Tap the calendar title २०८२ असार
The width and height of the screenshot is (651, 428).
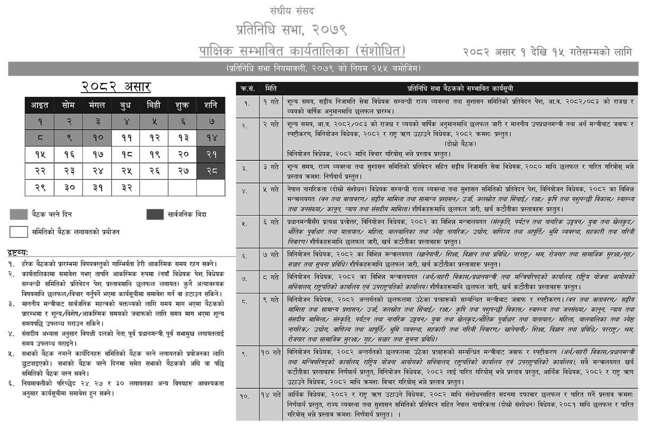point(116,87)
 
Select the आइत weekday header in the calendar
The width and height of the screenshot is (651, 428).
point(40,105)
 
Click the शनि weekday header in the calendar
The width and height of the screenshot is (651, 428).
point(211,105)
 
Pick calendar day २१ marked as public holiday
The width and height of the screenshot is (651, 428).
point(211,154)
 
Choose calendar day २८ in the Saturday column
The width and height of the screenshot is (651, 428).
point(211,171)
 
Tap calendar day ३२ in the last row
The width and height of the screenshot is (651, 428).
point(125,188)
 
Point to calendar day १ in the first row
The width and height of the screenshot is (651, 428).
point(40,122)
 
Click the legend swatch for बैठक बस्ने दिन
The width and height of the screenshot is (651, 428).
point(19,214)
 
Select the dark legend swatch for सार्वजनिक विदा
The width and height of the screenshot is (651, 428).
point(155,214)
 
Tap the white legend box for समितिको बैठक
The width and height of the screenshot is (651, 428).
point(19,231)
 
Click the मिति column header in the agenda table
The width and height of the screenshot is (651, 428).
point(271,88)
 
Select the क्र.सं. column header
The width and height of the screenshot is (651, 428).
point(247,88)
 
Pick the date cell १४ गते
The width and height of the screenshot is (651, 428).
point(271,395)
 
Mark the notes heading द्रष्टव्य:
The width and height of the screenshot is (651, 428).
point(19,253)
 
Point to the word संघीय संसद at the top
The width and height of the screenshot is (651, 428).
point(292,11)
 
